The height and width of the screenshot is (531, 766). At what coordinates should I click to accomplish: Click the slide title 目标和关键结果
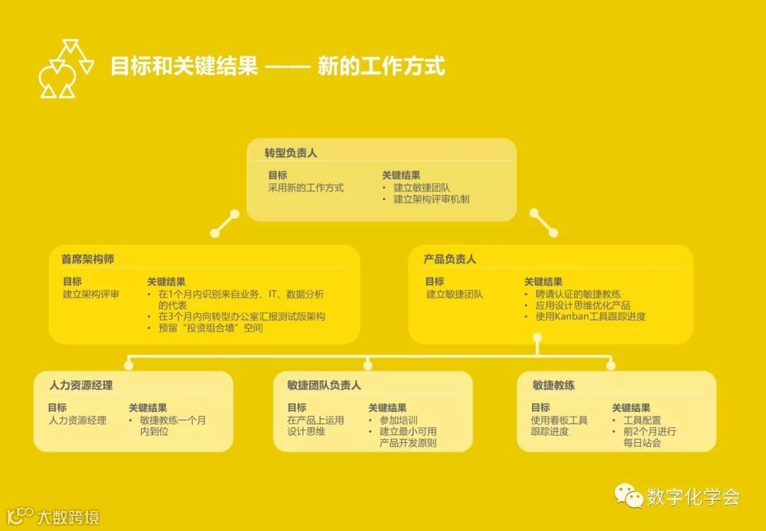(x=184, y=67)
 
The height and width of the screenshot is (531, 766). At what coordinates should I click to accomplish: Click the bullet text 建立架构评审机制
(x=431, y=199)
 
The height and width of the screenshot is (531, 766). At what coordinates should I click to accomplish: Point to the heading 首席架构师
(x=87, y=259)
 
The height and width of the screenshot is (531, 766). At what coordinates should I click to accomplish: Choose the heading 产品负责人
(x=450, y=259)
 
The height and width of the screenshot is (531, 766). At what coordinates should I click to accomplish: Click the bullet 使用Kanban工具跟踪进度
(x=590, y=317)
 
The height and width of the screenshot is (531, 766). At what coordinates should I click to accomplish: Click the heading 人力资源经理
(x=81, y=385)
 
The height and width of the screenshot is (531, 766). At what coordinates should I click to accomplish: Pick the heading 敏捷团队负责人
(x=324, y=385)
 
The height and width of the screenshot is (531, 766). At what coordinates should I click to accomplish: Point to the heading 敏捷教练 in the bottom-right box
(x=553, y=385)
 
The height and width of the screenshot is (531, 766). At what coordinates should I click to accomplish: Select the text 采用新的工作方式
(x=306, y=188)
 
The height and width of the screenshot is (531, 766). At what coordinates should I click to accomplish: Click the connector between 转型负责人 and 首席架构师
(x=225, y=223)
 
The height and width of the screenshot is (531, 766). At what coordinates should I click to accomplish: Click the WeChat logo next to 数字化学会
(x=628, y=496)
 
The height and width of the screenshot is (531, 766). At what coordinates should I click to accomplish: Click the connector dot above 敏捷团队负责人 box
(x=367, y=366)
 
